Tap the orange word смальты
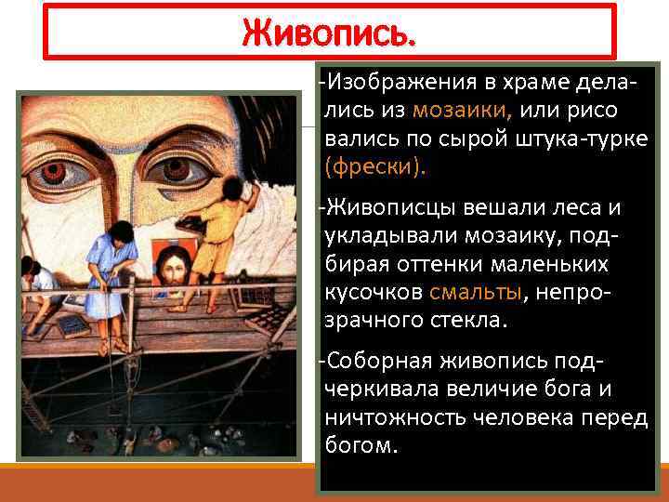[477, 293]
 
